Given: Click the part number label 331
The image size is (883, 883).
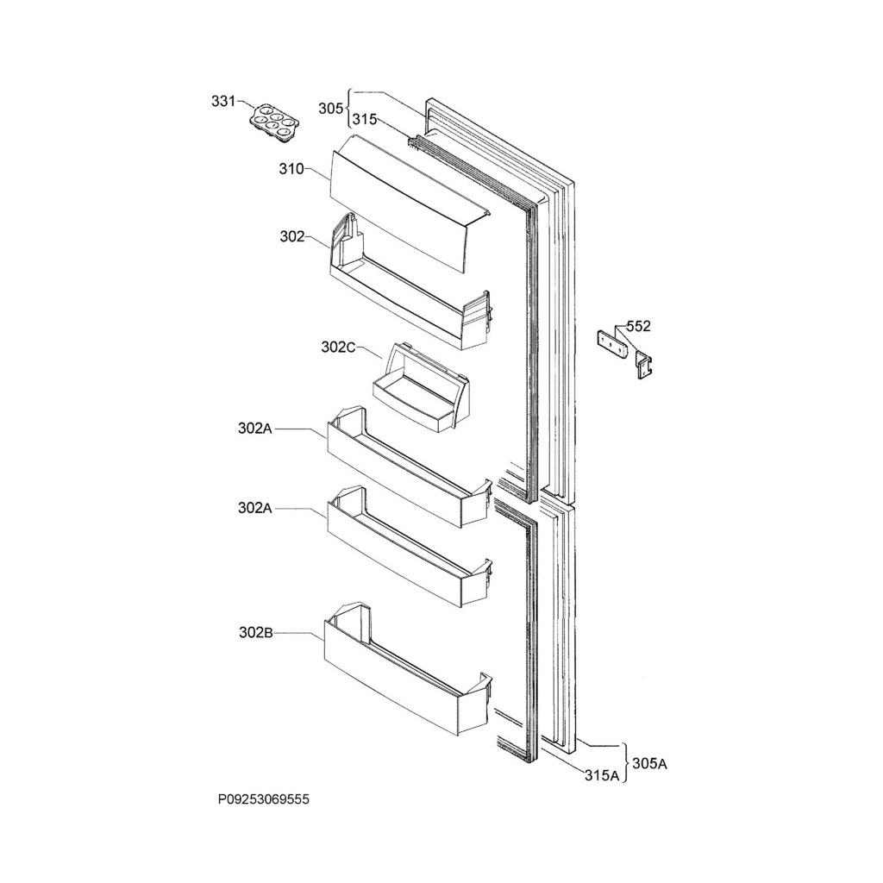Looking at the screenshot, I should (223, 102).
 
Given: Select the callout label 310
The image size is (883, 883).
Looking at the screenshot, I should (291, 170).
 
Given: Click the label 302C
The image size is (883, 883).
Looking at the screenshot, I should (338, 347).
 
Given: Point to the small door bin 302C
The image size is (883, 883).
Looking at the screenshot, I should (422, 389).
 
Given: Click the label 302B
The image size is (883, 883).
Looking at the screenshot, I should (255, 633).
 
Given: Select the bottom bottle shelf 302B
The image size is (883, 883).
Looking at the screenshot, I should (405, 672).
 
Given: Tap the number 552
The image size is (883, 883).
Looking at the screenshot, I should (639, 326).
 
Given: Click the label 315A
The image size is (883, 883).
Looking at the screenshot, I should (602, 775).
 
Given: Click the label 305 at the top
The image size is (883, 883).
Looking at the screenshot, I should (330, 109).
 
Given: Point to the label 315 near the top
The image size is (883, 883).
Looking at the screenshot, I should (364, 121).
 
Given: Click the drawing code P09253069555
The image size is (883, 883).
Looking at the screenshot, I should (263, 800).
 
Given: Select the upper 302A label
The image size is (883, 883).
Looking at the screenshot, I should (255, 428).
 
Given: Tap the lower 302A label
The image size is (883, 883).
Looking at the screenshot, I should (255, 509).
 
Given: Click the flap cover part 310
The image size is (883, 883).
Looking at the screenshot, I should (405, 203).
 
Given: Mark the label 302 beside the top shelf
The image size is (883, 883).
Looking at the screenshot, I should (291, 237).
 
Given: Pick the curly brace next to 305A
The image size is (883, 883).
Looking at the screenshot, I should (627, 762).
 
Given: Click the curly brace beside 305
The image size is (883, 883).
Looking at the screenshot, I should (348, 109).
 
